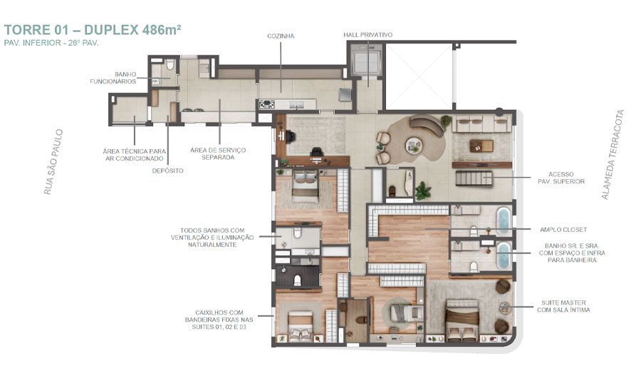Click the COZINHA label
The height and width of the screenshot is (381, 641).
click(x=280, y=35)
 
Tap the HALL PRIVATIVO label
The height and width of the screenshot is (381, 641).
click(x=368, y=35)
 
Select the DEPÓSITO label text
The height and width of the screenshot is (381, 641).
click(x=168, y=171)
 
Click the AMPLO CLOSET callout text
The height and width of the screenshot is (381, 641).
click(x=563, y=229)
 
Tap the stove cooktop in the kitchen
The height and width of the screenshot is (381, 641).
click(x=267, y=105)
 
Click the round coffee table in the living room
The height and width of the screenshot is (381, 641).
click(x=414, y=146)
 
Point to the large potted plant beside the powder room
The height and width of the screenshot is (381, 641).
click(x=423, y=190)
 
